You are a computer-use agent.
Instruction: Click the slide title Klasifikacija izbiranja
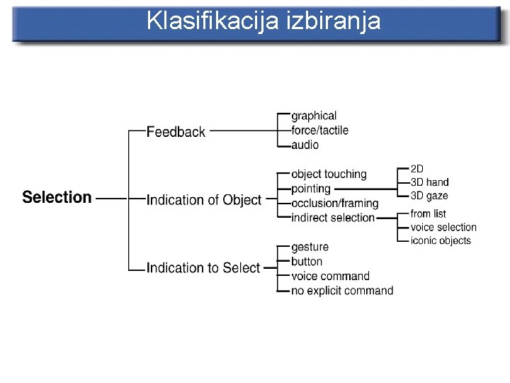(263, 21)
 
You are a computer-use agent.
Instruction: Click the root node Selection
(57, 197)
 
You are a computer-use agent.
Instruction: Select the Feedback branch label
(176, 131)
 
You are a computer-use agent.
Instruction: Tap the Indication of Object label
(204, 200)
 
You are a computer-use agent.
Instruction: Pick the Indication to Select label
(203, 267)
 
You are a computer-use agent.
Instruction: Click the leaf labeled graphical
(314, 116)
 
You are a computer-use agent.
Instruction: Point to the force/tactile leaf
(319, 131)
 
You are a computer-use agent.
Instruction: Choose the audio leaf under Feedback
(305, 145)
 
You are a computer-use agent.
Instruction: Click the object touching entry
(329, 174)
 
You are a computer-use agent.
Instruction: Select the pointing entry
(311, 189)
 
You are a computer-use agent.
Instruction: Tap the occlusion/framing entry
(334, 204)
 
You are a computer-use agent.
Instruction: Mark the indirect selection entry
(333, 218)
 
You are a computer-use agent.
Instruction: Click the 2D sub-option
(417, 169)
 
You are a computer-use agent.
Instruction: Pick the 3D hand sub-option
(429, 182)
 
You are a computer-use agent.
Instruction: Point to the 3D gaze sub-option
(429, 196)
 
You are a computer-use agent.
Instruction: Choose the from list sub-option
(428, 213)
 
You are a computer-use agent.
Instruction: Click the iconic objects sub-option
(441, 240)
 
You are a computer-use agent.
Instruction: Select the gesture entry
(310, 247)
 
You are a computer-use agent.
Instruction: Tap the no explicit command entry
(342, 290)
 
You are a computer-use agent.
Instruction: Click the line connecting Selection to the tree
(110, 198)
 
